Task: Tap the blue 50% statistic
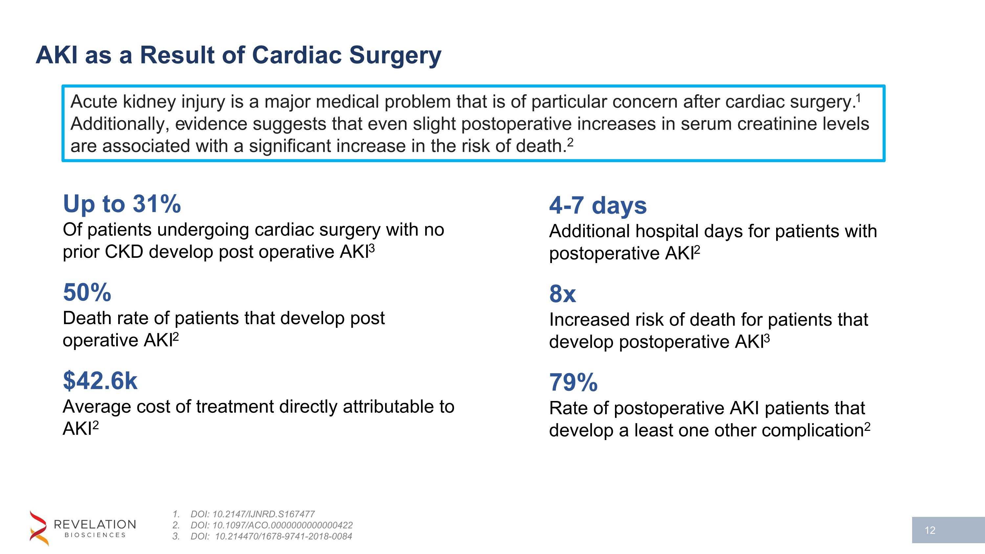click(x=87, y=293)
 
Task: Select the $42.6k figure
click(x=100, y=381)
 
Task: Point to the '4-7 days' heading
click(x=598, y=205)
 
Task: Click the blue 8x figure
click(x=562, y=294)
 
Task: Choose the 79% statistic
click(x=573, y=382)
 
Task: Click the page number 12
click(x=930, y=530)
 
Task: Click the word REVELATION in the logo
click(x=95, y=524)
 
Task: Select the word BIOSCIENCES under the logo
click(x=95, y=535)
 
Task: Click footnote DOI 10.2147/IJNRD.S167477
click(x=252, y=514)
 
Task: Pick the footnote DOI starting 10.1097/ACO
click(x=272, y=525)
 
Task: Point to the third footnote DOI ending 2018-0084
click(x=272, y=536)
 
